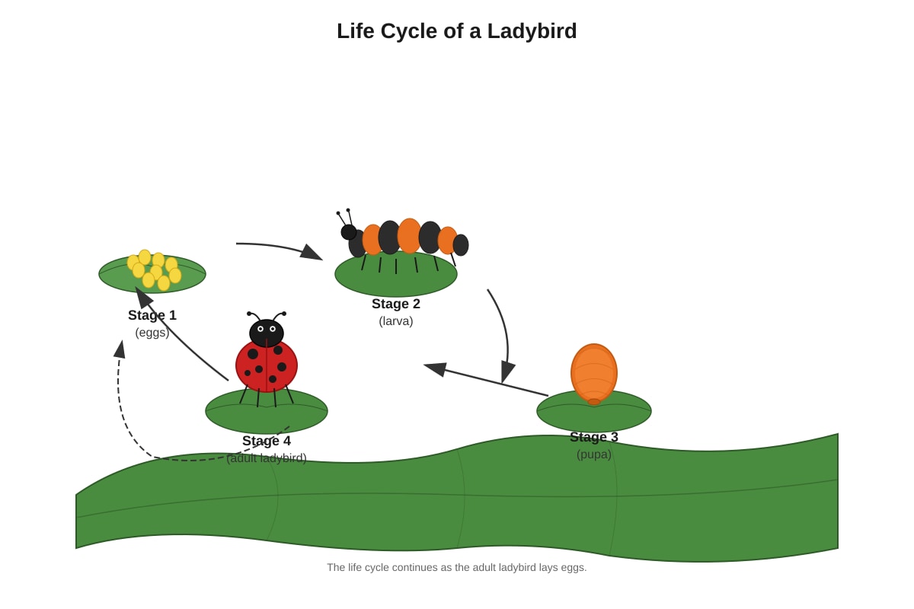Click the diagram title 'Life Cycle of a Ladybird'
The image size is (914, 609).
(x=456, y=31)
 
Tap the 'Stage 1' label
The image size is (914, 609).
(x=152, y=315)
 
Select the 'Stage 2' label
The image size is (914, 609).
(x=396, y=304)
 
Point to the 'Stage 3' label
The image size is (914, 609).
(x=593, y=437)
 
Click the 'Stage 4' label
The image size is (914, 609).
(x=267, y=441)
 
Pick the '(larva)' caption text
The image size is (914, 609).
(x=396, y=321)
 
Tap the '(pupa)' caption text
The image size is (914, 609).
(x=593, y=454)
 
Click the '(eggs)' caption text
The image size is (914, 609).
(x=152, y=333)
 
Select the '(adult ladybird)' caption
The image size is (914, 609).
(x=267, y=458)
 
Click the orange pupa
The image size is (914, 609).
(x=593, y=374)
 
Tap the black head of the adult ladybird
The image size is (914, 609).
(x=267, y=333)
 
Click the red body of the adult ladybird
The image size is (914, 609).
(x=267, y=366)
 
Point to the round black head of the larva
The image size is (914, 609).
(x=349, y=232)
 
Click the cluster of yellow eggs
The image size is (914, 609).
(x=154, y=270)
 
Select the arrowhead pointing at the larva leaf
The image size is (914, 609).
(x=312, y=253)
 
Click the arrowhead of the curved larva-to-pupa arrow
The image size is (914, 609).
(x=507, y=371)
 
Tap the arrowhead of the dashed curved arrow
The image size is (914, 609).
(x=120, y=349)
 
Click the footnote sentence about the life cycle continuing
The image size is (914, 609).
(x=456, y=567)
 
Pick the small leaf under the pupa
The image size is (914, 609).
(x=593, y=411)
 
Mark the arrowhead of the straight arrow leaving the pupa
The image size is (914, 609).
(x=436, y=368)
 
